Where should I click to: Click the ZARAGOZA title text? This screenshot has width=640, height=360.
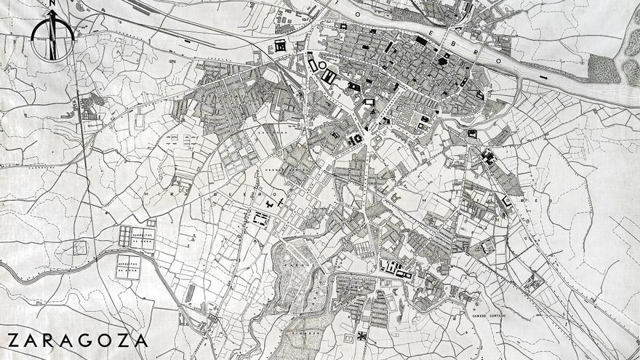77,340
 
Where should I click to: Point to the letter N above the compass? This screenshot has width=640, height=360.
52,4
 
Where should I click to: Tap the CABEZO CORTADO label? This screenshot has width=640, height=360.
487,315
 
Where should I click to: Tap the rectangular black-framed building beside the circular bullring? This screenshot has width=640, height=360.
329,76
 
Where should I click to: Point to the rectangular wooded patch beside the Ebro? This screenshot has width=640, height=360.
604,69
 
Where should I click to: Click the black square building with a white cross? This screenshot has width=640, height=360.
361,336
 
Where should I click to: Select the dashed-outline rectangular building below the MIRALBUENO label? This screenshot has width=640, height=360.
260,217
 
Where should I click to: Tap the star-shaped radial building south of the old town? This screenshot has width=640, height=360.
356,139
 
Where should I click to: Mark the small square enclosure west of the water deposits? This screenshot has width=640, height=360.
81,247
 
